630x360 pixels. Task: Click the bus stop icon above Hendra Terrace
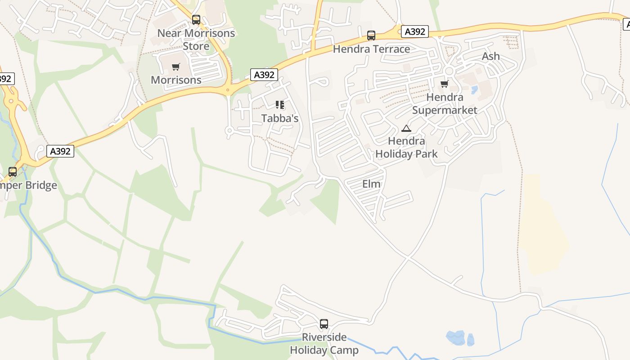pyautogui.click(x=371, y=36)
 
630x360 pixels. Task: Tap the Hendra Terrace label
pyautogui.click(x=371, y=49)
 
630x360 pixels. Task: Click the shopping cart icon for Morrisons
pyautogui.click(x=176, y=67)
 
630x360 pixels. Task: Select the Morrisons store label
pyautogui.click(x=176, y=80)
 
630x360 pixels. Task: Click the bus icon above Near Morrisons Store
pyautogui.click(x=196, y=20)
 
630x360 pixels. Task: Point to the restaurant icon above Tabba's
pyautogui.click(x=280, y=105)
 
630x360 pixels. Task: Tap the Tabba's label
pyautogui.click(x=280, y=119)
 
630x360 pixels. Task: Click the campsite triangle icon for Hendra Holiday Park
pyautogui.click(x=406, y=128)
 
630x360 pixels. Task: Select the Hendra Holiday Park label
pyautogui.click(x=406, y=148)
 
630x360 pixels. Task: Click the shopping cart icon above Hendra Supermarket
pyautogui.click(x=445, y=84)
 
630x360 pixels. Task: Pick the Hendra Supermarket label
pyautogui.click(x=445, y=103)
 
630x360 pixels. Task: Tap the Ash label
pyautogui.click(x=490, y=56)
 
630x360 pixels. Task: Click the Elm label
pyautogui.click(x=371, y=184)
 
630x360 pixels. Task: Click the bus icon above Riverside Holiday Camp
pyautogui.click(x=324, y=324)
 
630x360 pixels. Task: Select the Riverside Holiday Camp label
pyautogui.click(x=324, y=344)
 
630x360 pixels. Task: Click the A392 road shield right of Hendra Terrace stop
pyautogui.click(x=414, y=31)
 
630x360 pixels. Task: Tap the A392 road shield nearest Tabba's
pyautogui.click(x=264, y=75)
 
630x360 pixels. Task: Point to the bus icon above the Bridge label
pyautogui.click(x=13, y=172)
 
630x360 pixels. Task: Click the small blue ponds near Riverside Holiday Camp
pyautogui.click(x=456, y=337)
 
